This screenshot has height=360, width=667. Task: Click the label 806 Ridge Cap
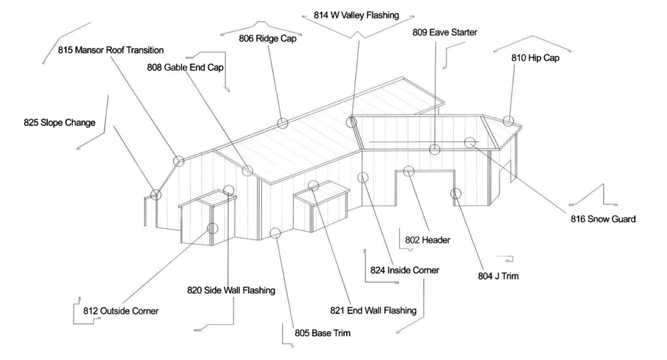click(267, 38)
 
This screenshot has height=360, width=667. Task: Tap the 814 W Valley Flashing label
click(356, 15)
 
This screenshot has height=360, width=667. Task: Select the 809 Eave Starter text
click(445, 32)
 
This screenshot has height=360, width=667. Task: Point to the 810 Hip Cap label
click(535, 58)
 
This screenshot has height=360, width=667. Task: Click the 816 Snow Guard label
click(603, 219)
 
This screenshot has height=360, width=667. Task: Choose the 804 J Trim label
click(498, 276)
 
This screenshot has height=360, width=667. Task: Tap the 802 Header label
click(427, 240)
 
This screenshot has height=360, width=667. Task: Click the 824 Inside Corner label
click(405, 270)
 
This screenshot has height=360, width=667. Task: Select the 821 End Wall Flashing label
click(373, 310)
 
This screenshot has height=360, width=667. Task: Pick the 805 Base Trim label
click(323, 333)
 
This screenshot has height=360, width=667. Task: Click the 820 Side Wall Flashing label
click(231, 290)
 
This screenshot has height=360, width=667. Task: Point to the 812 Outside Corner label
click(121, 311)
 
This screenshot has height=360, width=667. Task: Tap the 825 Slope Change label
click(59, 123)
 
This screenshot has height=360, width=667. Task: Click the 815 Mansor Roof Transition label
click(111, 50)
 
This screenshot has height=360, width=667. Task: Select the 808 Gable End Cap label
click(185, 67)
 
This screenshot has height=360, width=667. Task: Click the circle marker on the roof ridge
click(283, 123)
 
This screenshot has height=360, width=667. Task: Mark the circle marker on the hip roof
click(508, 121)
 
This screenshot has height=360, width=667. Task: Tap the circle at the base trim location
click(275, 233)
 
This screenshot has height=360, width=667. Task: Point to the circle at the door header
click(408, 171)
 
